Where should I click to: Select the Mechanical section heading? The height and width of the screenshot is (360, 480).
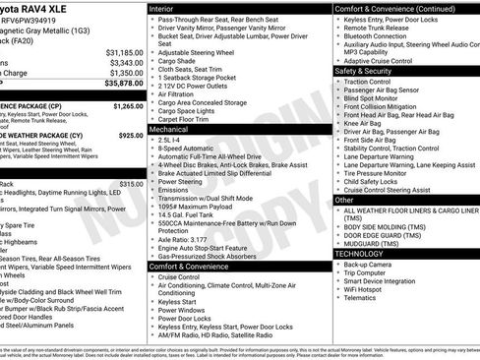click(169, 129)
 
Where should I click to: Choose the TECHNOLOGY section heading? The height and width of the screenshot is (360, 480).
click(359, 254)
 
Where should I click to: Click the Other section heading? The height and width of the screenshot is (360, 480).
click(344, 200)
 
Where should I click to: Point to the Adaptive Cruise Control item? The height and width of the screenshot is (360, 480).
click(385, 61)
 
